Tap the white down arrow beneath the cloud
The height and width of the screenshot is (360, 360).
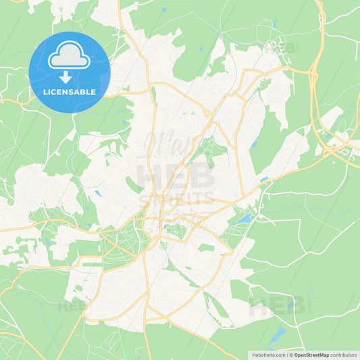click(69, 76)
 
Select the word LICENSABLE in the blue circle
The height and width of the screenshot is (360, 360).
click(69, 92)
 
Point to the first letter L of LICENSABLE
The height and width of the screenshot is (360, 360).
click(45, 92)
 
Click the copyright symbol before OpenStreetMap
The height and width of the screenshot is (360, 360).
click(291, 354)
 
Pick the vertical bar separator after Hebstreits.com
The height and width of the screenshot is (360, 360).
click(286, 354)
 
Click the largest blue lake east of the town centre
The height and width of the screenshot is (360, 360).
click(244, 219)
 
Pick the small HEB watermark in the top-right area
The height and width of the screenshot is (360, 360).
click(280, 49)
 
